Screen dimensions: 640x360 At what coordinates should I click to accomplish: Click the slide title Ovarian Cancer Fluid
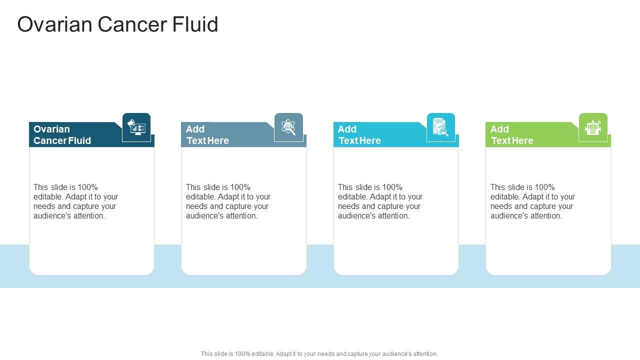[117, 24]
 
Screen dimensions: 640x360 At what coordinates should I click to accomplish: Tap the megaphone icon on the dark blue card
[136, 127]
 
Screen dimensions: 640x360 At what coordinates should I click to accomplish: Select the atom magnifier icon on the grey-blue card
[288, 127]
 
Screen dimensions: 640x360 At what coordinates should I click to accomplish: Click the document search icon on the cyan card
[441, 127]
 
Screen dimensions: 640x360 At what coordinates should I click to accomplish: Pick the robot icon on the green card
[593, 127]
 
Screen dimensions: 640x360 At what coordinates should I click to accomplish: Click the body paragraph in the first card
[76, 201]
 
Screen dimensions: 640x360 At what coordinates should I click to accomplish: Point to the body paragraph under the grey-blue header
[228, 201]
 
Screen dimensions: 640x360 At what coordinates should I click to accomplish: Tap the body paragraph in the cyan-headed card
[380, 201]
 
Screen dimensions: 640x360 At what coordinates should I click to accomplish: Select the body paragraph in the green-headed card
[532, 201]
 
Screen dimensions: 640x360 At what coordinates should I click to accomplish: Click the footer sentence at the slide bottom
[319, 354]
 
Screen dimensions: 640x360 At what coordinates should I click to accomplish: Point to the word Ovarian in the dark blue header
[51, 129]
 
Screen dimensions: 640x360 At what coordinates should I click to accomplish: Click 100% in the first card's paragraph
[87, 187]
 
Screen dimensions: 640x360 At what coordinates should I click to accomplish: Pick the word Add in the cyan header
[347, 129]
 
